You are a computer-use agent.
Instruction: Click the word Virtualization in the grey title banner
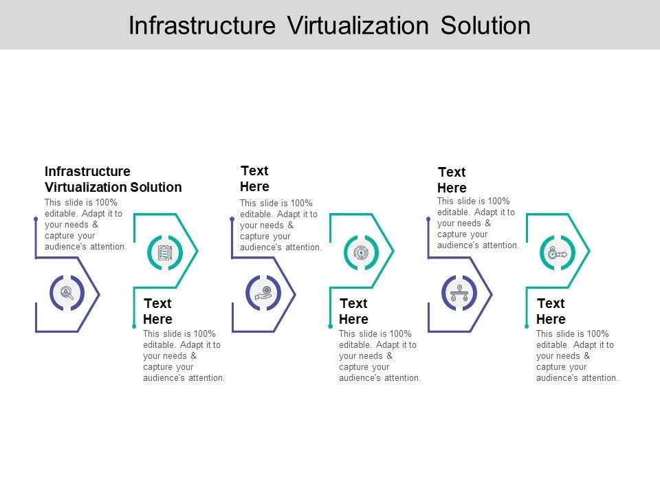tap(357, 25)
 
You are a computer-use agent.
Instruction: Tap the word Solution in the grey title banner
tap(485, 25)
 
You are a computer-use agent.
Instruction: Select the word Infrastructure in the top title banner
tap(202, 25)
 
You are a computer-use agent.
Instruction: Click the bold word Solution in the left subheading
tap(156, 187)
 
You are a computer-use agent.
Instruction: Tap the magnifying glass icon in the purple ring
tap(67, 293)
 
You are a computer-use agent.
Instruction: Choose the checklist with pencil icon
tap(165, 252)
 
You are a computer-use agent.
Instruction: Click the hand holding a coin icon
tap(263, 293)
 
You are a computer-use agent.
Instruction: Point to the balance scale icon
tap(459, 293)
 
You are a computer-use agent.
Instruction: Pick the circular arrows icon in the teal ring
tap(361, 252)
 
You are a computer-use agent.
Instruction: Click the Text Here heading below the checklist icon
tap(158, 311)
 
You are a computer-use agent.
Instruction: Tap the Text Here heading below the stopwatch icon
tap(551, 311)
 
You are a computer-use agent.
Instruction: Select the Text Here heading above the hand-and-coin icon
tap(254, 179)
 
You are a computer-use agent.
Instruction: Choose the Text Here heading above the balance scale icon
tap(452, 179)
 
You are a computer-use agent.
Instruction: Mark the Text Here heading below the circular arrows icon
tap(353, 311)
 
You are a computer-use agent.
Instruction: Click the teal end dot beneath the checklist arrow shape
tap(134, 326)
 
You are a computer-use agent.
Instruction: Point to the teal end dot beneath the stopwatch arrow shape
tap(527, 326)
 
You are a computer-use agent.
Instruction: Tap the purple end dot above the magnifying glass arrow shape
tap(36, 219)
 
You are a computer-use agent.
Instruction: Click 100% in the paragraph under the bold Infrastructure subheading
tap(107, 202)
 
